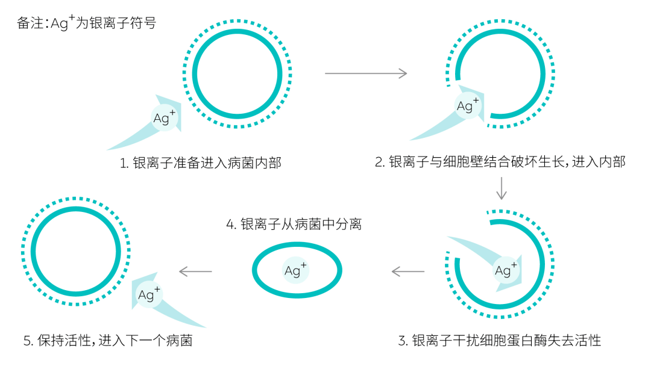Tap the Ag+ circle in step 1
pos(164,118)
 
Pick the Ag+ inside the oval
pos(295,270)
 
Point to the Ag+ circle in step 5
pos(148,294)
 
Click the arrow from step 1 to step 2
pos(365,73)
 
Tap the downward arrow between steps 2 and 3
pos(501,188)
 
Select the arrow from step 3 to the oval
pos(407,271)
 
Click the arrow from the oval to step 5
pos(196,271)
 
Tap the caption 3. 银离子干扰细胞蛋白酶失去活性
pos(500,341)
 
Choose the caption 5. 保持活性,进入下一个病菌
pos(108,341)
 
